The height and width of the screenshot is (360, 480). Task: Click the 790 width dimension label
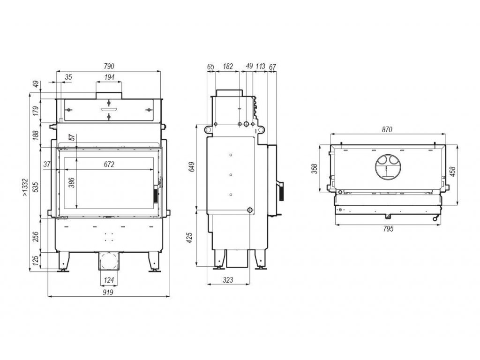[x=109, y=66]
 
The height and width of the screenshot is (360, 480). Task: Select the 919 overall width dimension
[x=108, y=292]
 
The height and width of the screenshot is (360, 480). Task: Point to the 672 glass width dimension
[x=109, y=165]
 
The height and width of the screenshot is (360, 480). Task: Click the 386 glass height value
[x=71, y=183]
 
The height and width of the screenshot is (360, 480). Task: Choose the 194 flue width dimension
[x=109, y=77]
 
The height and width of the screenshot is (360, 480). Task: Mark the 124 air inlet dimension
[x=109, y=280]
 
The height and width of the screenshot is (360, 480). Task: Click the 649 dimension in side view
[x=192, y=167]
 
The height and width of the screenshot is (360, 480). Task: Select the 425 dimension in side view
[x=189, y=238]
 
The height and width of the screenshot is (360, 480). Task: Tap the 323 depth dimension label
[x=228, y=280]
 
